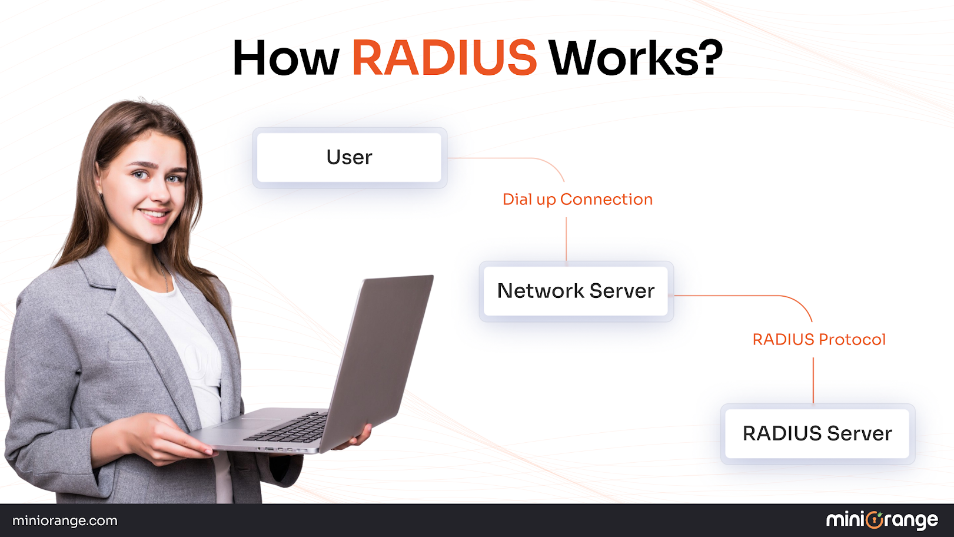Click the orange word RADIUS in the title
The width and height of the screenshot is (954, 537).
click(x=444, y=58)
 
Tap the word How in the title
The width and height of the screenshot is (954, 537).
click(x=286, y=58)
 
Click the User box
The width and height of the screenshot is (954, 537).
click(x=350, y=157)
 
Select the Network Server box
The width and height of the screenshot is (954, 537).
click(x=576, y=291)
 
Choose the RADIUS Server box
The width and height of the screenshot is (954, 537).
click(x=817, y=433)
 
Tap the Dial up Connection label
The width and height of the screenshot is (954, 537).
click(x=577, y=199)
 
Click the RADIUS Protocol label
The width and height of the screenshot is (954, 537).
click(x=819, y=339)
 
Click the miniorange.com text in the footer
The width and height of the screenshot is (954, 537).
click(x=65, y=521)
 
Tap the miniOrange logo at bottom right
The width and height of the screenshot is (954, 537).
click(x=882, y=520)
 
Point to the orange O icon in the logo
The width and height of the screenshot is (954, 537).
click(x=875, y=520)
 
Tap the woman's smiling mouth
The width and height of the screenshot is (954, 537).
click(x=155, y=215)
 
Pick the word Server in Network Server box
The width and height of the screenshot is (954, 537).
click(x=621, y=291)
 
